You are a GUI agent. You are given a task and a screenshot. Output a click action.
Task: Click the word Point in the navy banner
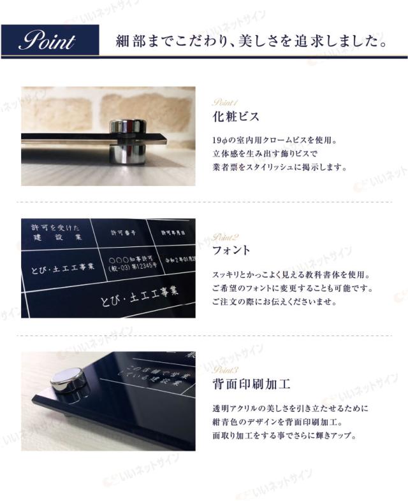(x=47, y=43)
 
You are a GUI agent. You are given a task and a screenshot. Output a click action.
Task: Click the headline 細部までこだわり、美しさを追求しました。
(x=251, y=43)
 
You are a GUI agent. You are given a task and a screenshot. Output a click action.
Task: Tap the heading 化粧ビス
(x=236, y=117)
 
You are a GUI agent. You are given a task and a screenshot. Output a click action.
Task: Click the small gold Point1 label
(x=224, y=102)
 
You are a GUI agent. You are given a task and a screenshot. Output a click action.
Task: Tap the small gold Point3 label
(x=226, y=370)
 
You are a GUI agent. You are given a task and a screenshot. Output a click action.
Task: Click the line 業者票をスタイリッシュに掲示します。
(x=280, y=168)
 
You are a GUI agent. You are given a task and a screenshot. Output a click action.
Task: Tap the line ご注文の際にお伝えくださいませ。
(x=273, y=302)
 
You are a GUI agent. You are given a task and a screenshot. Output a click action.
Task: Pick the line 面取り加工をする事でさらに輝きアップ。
(x=284, y=436)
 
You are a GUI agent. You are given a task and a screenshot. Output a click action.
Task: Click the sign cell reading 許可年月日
(x=172, y=233)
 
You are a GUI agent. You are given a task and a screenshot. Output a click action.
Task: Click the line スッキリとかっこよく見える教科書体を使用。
(x=291, y=275)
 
